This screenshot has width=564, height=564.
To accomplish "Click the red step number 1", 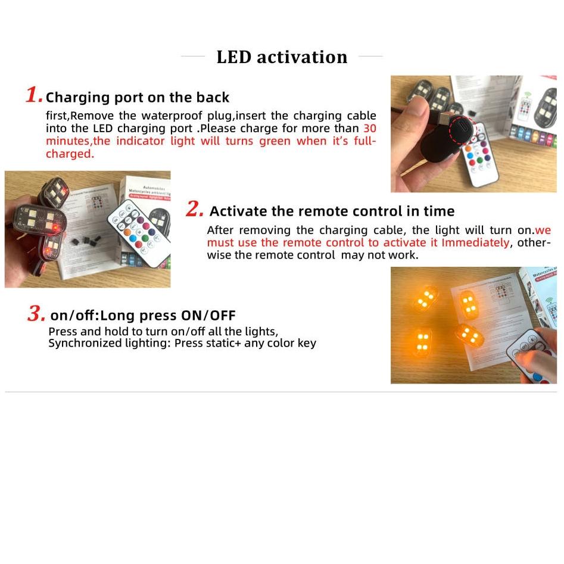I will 34,95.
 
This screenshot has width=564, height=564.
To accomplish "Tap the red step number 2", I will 195,209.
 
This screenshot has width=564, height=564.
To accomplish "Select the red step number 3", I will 36,314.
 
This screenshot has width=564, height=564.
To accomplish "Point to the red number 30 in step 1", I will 369,129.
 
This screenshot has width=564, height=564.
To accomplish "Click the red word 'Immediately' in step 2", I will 475,242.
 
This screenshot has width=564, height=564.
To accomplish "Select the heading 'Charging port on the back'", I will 138,98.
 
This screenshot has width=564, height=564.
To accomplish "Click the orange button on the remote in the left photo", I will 127,233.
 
